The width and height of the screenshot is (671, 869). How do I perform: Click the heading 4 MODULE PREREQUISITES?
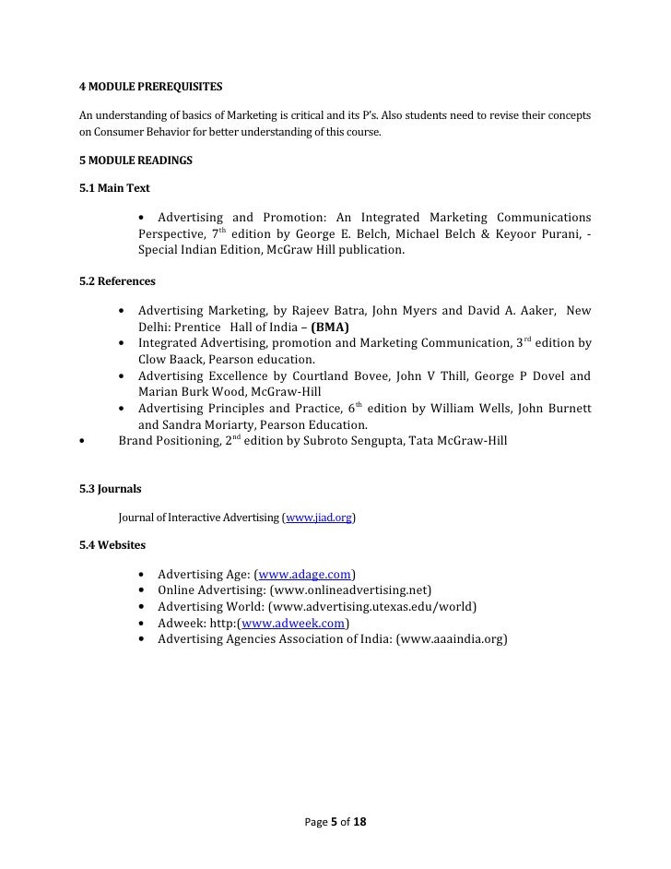tap(151, 88)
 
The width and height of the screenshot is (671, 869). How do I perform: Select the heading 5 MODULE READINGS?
tap(136, 161)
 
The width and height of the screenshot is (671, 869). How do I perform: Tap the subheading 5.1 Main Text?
tap(115, 188)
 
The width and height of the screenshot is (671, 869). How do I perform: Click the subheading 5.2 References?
tap(118, 280)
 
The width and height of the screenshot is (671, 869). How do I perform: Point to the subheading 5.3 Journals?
tap(111, 488)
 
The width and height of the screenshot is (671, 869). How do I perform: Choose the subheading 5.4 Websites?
tap(112, 545)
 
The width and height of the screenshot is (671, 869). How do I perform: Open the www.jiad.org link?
tap(320, 518)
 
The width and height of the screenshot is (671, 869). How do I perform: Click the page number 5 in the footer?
tap(334, 821)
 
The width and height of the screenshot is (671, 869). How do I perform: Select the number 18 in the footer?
tap(360, 821)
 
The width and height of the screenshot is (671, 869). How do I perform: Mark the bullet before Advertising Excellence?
tap(123, 375)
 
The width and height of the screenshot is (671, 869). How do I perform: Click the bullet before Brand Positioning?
tap(83, 442)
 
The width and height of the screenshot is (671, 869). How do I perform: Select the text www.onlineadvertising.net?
tap(350, 590)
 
